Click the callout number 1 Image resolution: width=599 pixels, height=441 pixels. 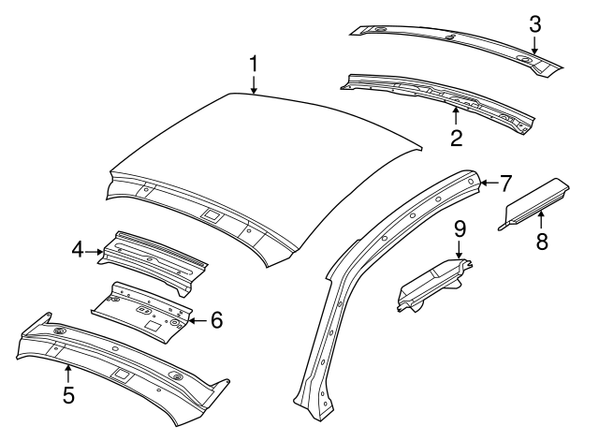(x=254, y=65)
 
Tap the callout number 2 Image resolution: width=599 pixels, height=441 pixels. (x=456, y=139)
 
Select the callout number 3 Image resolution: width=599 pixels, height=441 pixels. (x=534, y=25)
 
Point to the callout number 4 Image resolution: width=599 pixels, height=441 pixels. (x=79, y=249)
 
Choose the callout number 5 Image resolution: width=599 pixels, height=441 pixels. (x=68, y=394)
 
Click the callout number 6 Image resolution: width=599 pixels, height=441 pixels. (x=216, y=320)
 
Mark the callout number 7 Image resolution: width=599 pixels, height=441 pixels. (x=505, y=182)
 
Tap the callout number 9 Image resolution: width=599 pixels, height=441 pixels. (x=460, y=228)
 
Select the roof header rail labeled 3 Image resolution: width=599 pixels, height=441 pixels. (x=449, y=42)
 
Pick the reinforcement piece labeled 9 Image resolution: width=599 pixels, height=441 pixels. (x=431, y=284)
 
